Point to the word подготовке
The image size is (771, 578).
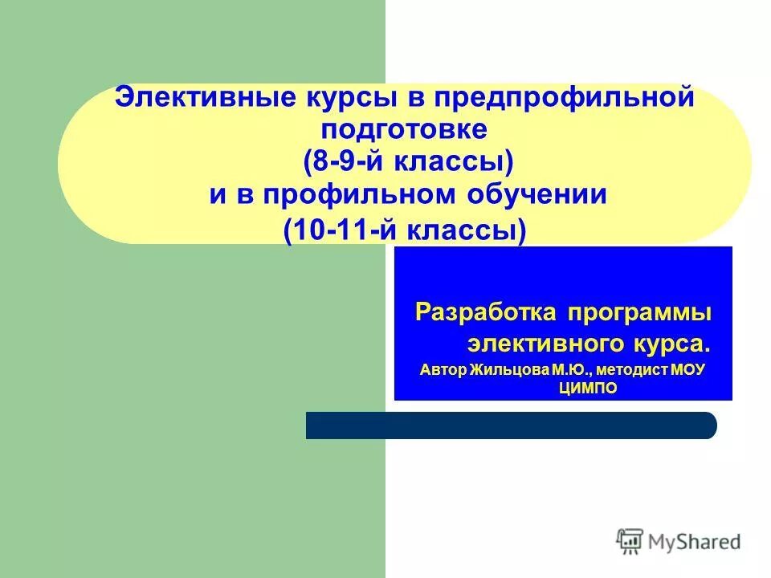404,128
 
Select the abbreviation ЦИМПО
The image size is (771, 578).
588,389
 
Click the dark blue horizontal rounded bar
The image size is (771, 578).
511,425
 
